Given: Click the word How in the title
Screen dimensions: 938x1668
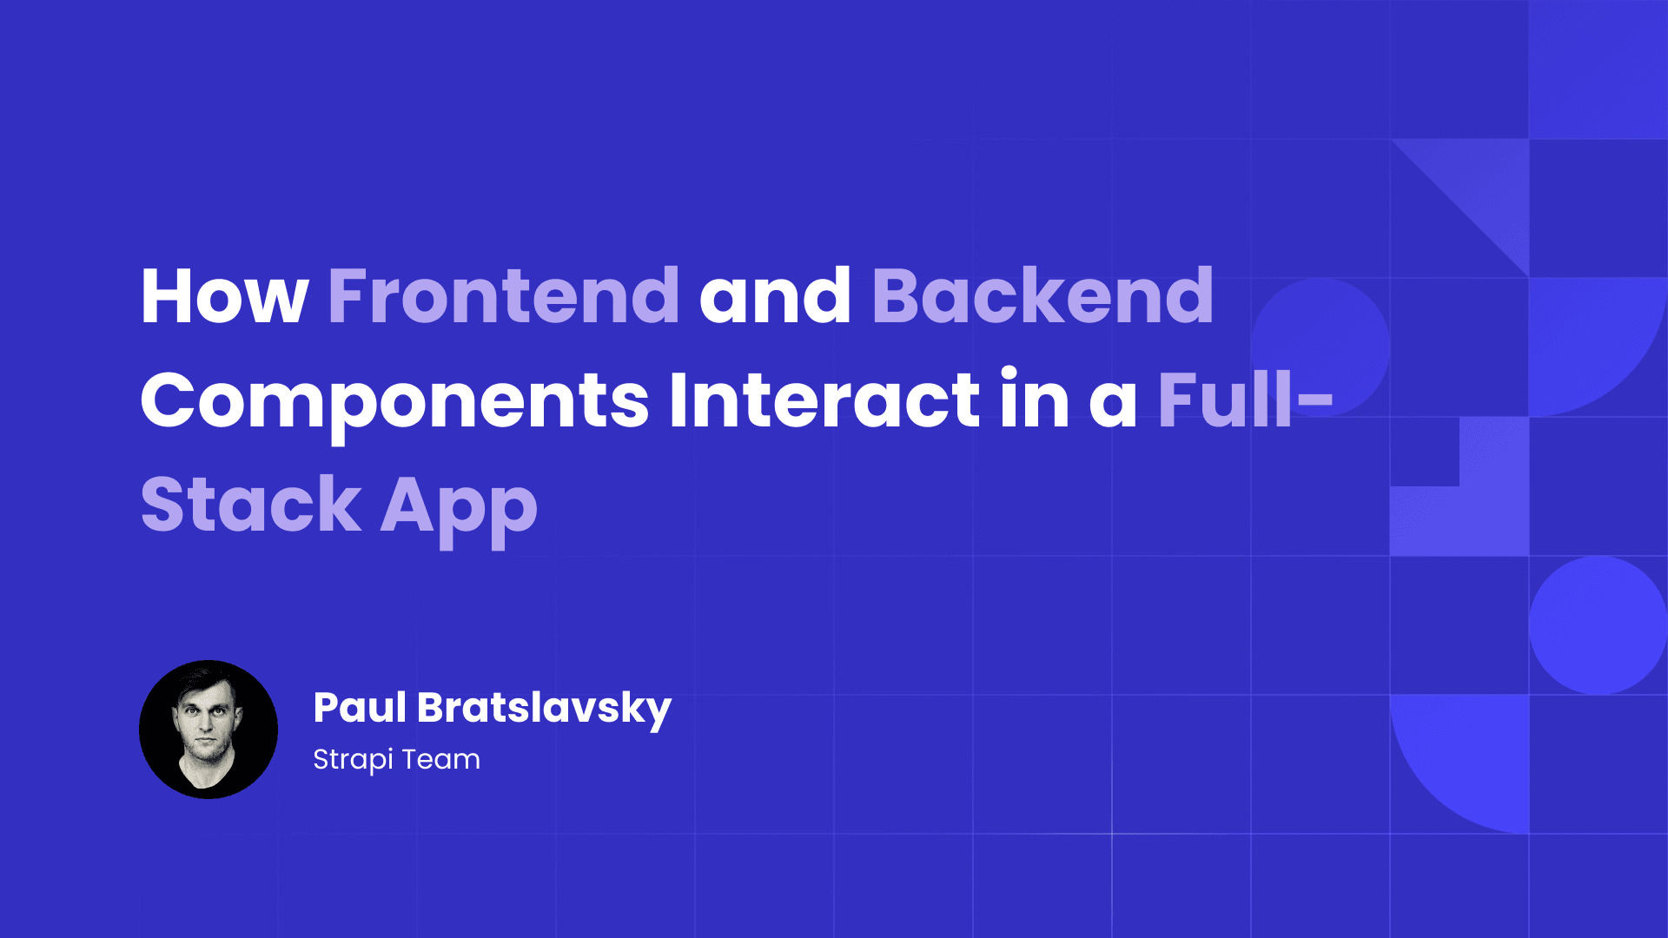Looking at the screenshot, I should point(224,297).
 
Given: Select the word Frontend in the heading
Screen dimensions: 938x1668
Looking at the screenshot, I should point(503,297).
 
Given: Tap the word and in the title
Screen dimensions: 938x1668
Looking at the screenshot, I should point(775,297).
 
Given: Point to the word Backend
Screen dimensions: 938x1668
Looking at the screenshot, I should point(1042,297).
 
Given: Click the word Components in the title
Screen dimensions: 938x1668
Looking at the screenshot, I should point(394,401).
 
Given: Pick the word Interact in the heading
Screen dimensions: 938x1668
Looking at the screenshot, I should point(824,401).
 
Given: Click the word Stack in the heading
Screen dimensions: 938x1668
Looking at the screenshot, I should point(251,505).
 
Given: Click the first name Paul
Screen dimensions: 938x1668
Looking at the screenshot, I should point(360,708).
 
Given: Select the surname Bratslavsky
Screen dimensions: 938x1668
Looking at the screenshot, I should point(544,709).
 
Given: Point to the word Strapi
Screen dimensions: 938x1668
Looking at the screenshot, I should point(353,760).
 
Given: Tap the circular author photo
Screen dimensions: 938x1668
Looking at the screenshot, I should point(208,730).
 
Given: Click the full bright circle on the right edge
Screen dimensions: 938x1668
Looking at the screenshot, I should point(1598,625).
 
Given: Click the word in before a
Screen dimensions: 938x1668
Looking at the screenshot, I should point(1034,401).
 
